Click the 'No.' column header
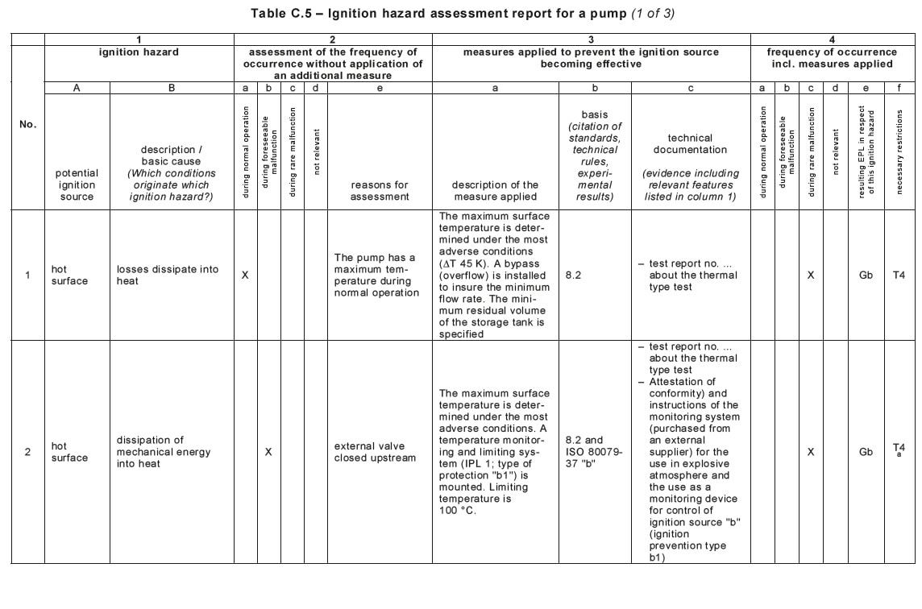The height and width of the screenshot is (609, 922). point(27,125)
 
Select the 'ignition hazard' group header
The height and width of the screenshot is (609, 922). point(139,52)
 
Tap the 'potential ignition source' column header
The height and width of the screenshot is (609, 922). point(77,184)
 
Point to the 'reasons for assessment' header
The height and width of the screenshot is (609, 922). point(380,190)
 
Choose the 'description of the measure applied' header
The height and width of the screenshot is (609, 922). point(495,190)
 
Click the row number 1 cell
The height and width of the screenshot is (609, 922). point(27,275)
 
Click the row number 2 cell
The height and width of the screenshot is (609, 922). point(27,452)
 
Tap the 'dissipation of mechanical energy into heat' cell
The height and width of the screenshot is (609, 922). point(164,452)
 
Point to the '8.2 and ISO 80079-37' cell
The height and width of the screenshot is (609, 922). point(594,452)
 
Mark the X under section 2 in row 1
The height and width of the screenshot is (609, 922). point(245,275)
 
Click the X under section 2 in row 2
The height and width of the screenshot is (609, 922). point(268,452)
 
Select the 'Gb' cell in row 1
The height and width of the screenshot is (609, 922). point(866,275)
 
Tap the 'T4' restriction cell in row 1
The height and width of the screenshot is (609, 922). point(899,275)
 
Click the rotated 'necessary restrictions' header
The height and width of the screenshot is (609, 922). point(899,151)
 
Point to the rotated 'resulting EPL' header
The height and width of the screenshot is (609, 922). point(866,151)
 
